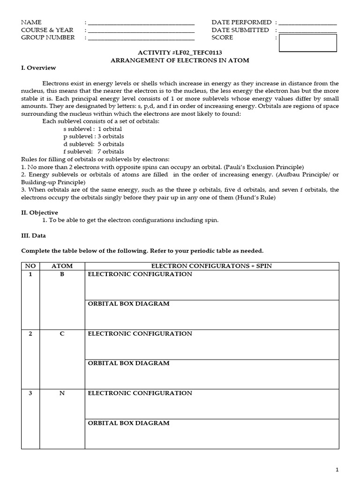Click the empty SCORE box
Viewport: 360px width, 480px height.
[307, 43]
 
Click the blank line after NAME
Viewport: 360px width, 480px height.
[141, 23]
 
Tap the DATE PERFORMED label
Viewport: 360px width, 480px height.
[241, 22]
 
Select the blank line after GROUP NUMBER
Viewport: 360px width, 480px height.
[141, 38]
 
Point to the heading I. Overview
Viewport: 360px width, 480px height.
[38, 68]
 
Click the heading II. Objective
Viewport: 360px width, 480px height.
[40, 212]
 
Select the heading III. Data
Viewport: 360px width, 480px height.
[34, 235]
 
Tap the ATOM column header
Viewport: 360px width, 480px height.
[62, 266]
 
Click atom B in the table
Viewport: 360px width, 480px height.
[62, 274]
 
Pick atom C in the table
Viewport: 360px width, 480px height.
[62, 334]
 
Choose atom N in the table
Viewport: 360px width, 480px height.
[62, 393]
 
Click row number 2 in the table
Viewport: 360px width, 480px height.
[30, 334]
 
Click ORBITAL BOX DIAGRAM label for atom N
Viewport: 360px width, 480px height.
[128, 423]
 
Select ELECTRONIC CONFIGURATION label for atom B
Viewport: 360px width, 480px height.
[140, 274]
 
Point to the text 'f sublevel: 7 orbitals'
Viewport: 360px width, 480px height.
[94, 151]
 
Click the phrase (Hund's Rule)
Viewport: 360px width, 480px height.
[257, 197]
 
